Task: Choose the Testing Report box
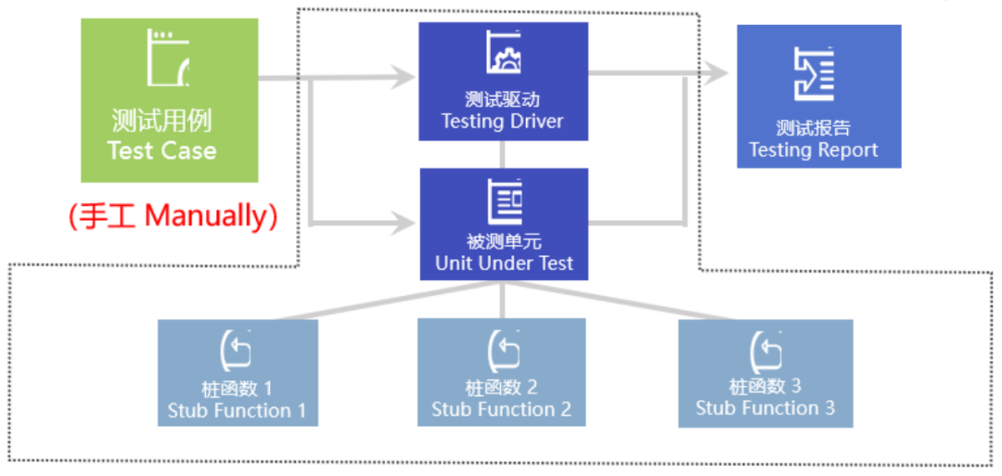(818, 96)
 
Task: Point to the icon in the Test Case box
(168, 58)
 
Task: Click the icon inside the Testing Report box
(814, 73)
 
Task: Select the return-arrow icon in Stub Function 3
(766, 350)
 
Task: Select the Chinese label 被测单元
(504, 242)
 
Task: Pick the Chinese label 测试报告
(813, 128)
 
